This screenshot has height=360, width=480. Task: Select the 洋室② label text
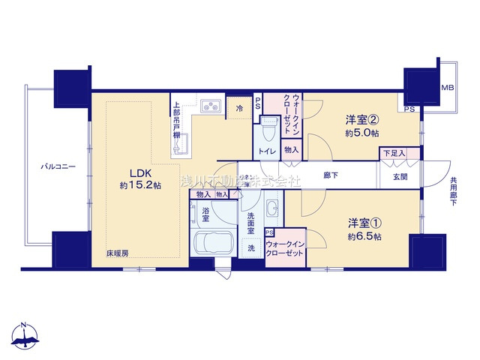pyautogui.click(x=361, y=119)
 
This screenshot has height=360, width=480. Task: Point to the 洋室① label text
pyautogui.click(x=364, y=223)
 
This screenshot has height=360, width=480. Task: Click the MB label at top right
pyautogui.click(x=447, y=88)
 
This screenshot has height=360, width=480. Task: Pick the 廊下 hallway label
pyautogui.click(x=331, y=175)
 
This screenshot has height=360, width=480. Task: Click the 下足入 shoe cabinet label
pyautogui.click(x=394, y=153)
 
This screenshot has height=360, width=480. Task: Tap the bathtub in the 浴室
pyautogui.click(x=213, y=244)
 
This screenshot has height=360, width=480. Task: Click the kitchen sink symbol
pyautogui.click(x=210, y=106)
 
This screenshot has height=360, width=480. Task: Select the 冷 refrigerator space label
pyautogui.click(x=240, y=109)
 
